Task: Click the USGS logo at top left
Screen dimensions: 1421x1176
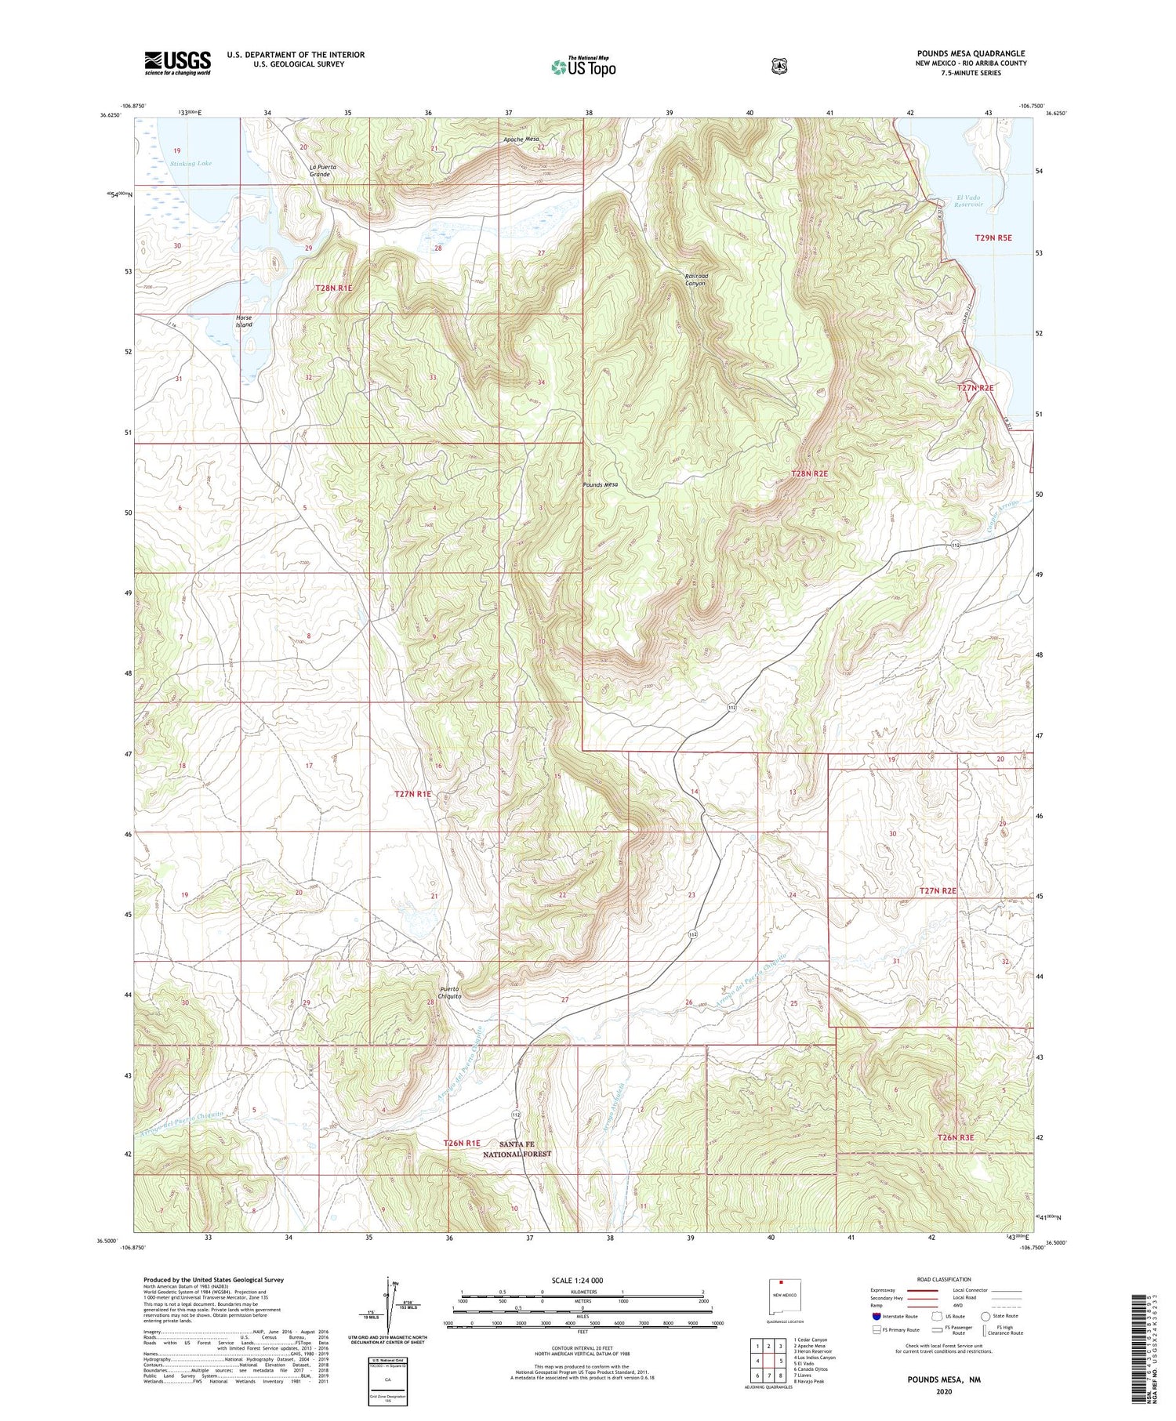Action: [x=177, y=63]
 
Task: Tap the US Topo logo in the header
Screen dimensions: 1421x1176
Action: [x=583, y=67]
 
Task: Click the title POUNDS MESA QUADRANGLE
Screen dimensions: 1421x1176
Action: [x=971, y=54]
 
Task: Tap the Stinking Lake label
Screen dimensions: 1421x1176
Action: [x=191, y=164]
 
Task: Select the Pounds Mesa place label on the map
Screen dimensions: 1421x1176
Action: [x=600, y=485]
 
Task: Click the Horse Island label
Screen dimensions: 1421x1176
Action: [x=244, y=321]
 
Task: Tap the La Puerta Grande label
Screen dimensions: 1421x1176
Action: [x=319, y=169]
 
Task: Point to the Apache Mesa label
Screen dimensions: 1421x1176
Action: [x=521, y=140]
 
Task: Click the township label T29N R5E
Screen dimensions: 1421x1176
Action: [x=993, y=237]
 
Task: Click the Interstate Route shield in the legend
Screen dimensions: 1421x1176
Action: [x=877, y=1316]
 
